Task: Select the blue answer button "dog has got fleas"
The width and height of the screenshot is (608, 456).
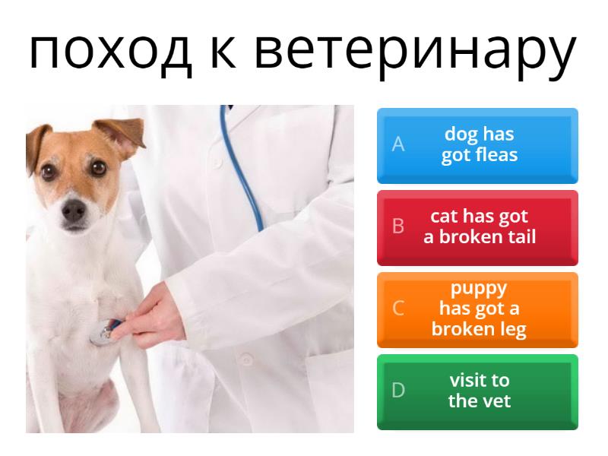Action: tap(477, 145)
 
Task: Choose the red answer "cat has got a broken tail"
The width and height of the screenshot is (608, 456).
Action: tap(477, 227)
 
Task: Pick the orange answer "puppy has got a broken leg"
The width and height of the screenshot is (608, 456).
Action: tap(477, 309)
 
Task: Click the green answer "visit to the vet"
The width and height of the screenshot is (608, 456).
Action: tap(477, 391)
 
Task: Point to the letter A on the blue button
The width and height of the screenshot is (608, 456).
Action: tap(397, 144)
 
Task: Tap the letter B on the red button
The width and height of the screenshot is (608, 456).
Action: tap(397, 226)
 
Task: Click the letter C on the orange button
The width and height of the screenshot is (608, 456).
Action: tap(397, 309)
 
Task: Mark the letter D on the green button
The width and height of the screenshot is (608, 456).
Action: tap(397, 391)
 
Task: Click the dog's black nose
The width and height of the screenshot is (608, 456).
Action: tap(74, 211)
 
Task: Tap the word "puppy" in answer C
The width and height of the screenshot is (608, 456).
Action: tap(479, 289)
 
